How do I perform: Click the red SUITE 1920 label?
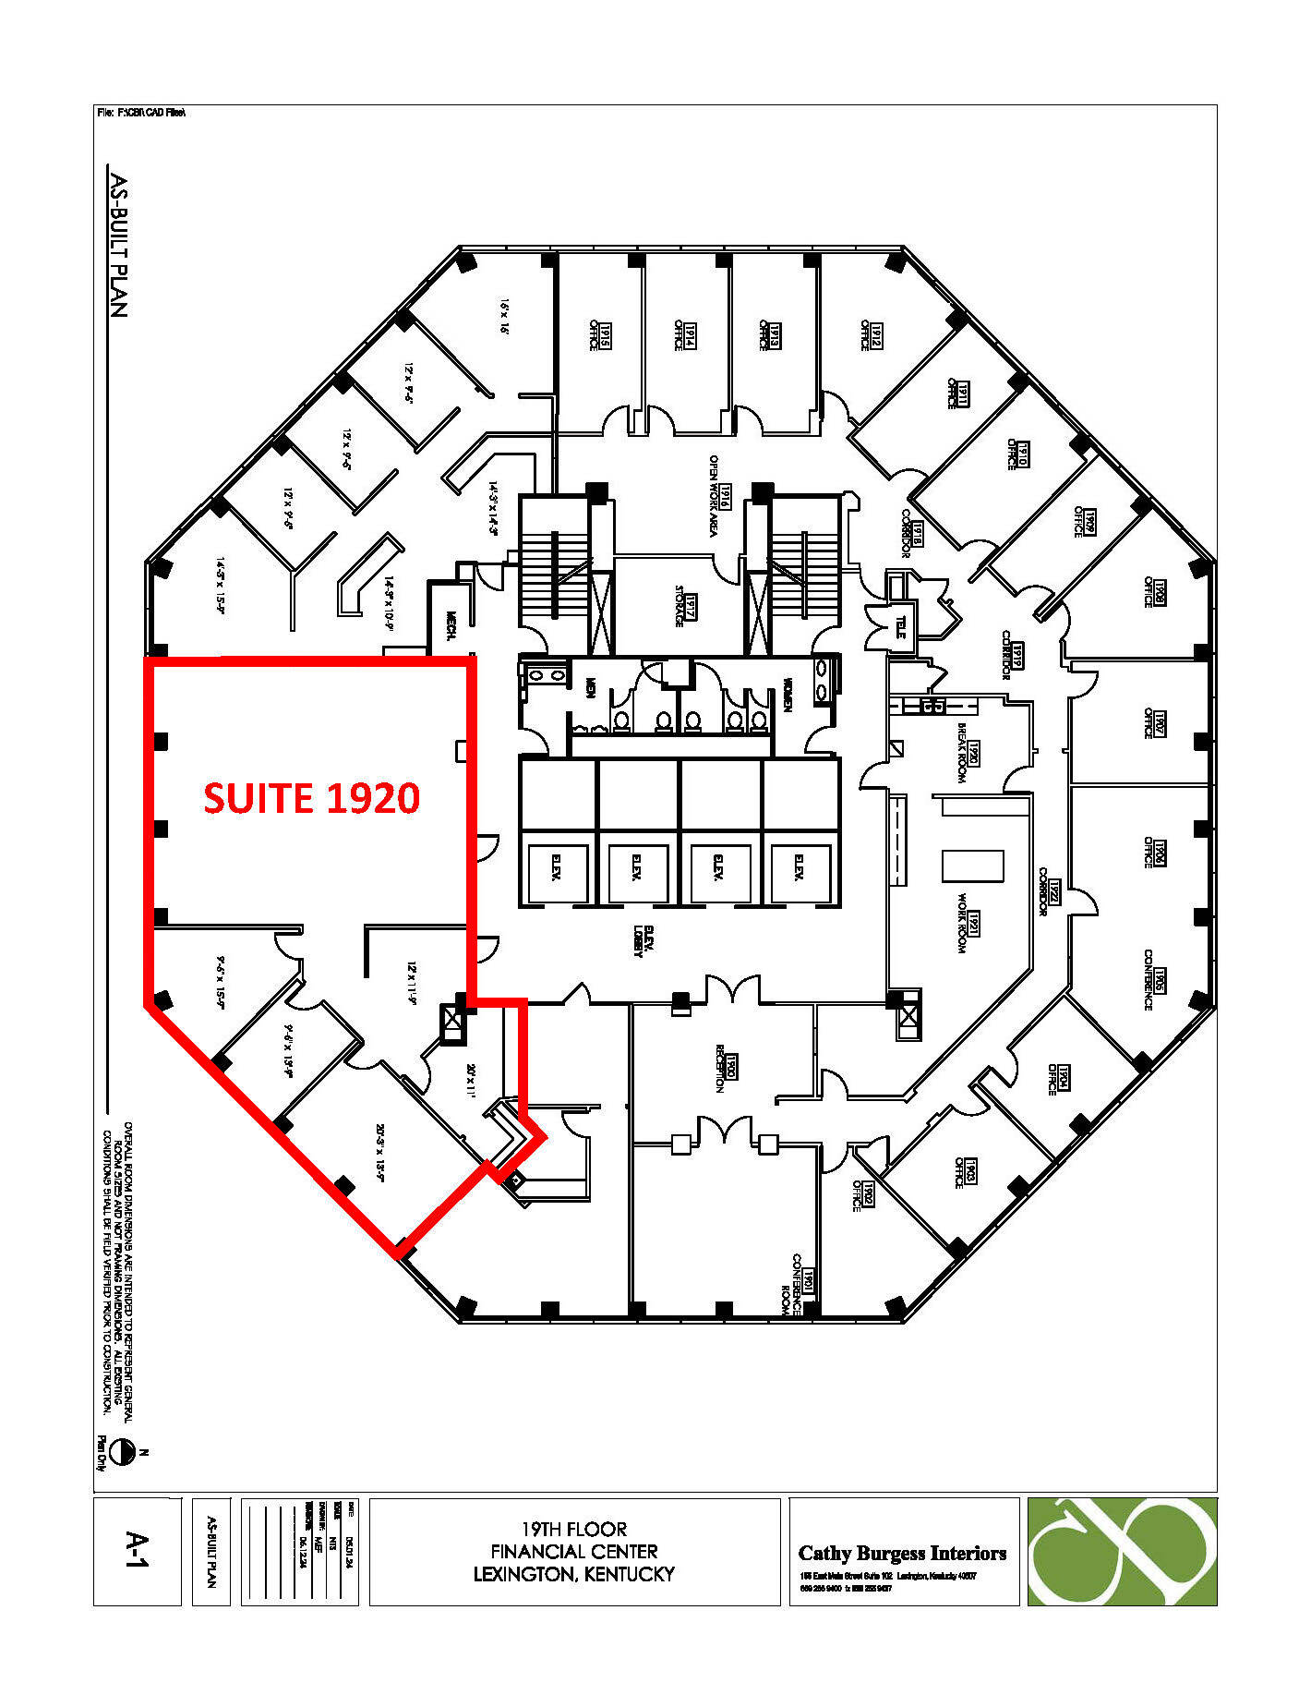(312, 797)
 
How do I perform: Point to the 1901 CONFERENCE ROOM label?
(800, 1284)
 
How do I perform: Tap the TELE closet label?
(900, 628)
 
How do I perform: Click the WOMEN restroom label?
(788, 695)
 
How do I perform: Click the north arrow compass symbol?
(119, 1453)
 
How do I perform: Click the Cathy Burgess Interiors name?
(902, 1553)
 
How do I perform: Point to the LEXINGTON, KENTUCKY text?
(573, 1574)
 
